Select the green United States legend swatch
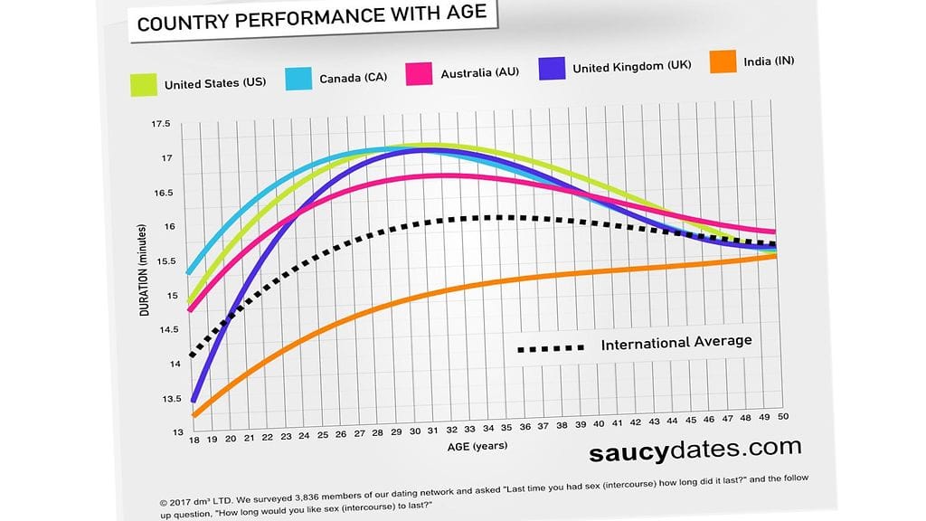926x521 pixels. [144, 85]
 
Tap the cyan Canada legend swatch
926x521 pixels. [298, 79]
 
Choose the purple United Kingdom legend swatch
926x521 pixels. [553, 68]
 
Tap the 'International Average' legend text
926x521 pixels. [676, 342]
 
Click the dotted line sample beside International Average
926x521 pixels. [551, 347]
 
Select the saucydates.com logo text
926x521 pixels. [694, 448]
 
